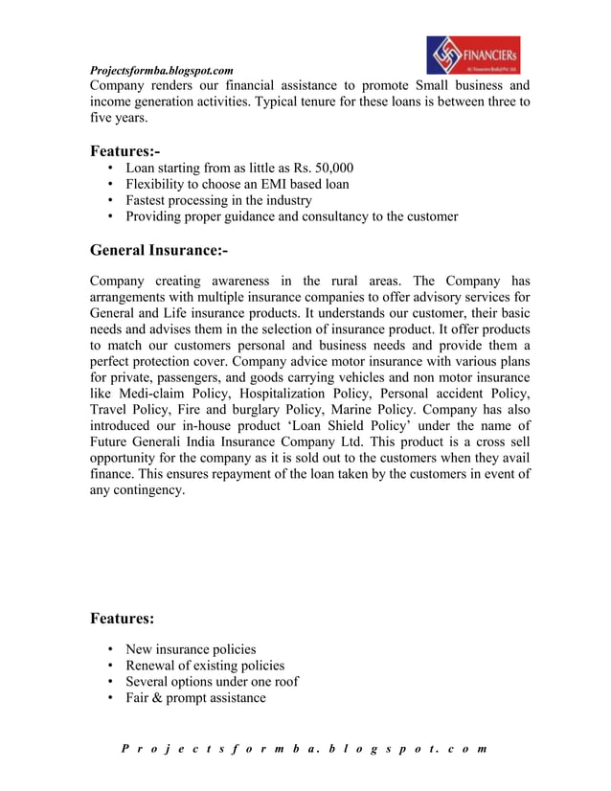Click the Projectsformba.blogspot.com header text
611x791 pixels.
[161, 71]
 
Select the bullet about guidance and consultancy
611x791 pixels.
[291, 216]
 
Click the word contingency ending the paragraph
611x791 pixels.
[147, 490]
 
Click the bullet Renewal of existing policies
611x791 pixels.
[205, 665]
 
